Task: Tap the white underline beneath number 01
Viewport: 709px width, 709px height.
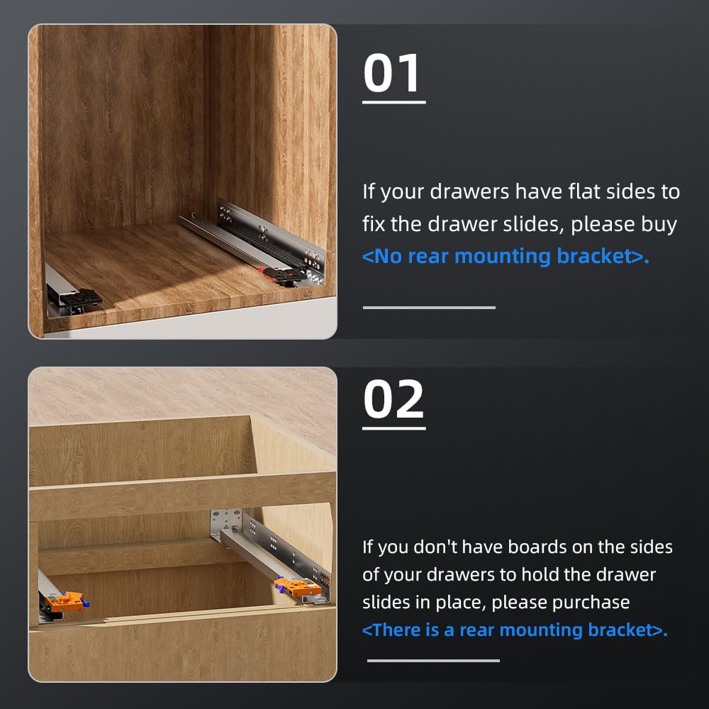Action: point(393,103)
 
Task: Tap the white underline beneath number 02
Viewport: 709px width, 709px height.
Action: point(393,428)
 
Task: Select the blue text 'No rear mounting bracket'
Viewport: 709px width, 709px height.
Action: point(506,256)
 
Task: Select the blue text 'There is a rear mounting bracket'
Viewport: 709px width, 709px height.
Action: point(515,630)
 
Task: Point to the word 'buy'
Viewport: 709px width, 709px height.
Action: point(661,224)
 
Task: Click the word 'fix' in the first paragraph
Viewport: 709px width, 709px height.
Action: point(373,224)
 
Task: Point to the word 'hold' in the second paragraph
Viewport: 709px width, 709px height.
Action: point(546,574)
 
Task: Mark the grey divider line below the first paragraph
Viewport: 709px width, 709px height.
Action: point(429,308)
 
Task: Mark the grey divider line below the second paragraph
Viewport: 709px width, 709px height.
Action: point(433,661)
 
